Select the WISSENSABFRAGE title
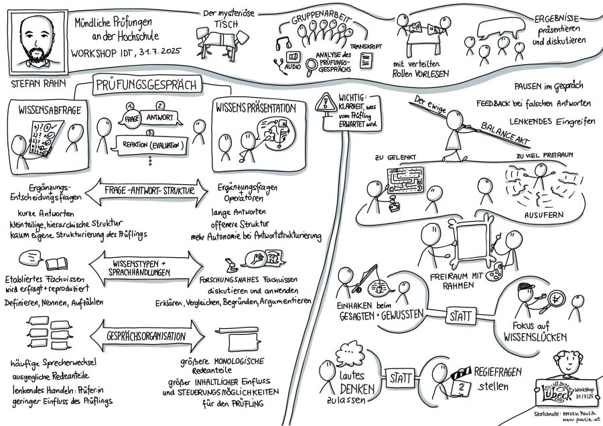click(48, 111)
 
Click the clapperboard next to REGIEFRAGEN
click(460, 374)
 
